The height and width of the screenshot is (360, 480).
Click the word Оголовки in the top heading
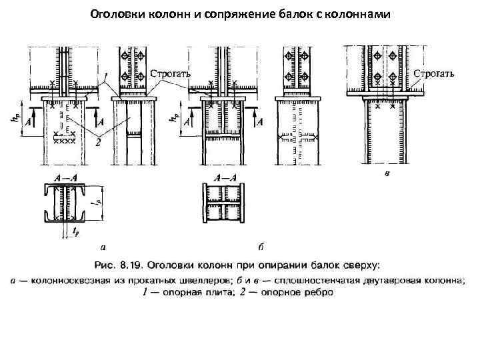(x=113, y=13)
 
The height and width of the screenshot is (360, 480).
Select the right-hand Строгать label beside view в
(x=435, y=73)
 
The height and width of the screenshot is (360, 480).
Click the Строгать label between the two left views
(x=171, y=73)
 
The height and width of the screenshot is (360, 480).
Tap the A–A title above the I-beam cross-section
(x=224, y=178)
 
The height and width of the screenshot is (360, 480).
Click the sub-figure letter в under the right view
(x=388, y=174)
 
